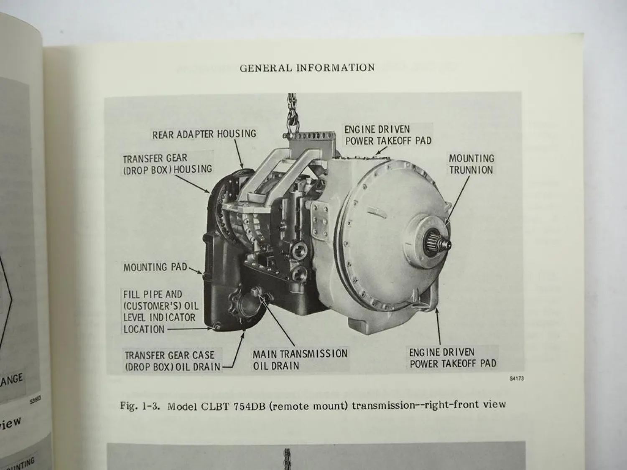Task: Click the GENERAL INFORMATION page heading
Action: click(307, 68)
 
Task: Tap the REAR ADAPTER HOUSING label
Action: click(204, 134)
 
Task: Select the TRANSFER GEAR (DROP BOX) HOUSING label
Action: click(167, 164)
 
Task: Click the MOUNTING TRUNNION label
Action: click(471, 164)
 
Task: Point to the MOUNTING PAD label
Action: click(155, 267)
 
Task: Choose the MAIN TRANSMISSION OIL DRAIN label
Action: click(300, 360)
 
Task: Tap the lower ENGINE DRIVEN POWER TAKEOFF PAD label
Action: click(453, 358)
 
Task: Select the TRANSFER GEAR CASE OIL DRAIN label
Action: click(173, 361)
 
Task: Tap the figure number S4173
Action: click(517, 379)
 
